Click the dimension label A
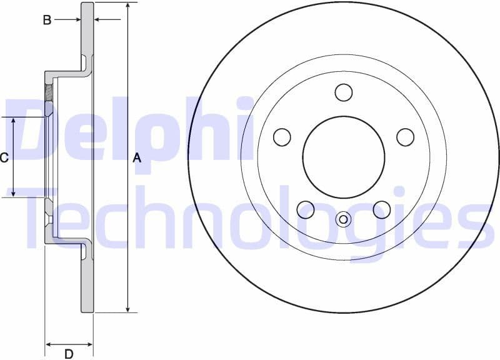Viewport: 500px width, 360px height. pyautogui.click(x=137, y=158)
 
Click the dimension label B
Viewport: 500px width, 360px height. pyautogui.click(x=47, y=20)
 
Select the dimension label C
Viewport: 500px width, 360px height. pyautogui.click(x=4, y=157)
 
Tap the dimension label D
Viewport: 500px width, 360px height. pyautogui.click(x=69, y=354)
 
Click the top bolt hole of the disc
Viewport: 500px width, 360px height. pyautogui.click(x=343, y=92)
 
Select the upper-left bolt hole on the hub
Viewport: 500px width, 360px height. pyautogui.click(x=282, y=137)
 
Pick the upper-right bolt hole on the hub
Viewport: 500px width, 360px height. pyautogui.click(x=405, y=137)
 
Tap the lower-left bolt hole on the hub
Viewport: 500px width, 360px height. pyautogui.click(x=306, y=209)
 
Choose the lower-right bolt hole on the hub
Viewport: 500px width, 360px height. pyautogui.click(x=382, y=209)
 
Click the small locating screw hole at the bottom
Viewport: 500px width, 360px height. pyautogui.click(x=343, y=219)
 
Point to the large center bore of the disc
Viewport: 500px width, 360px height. pyautogui.click(x=343, y=156)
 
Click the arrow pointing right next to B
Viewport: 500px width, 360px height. pyautogui.click(x=77, y=20)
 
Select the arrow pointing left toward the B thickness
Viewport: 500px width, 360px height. pyautogui.click(x=98, y=20)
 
